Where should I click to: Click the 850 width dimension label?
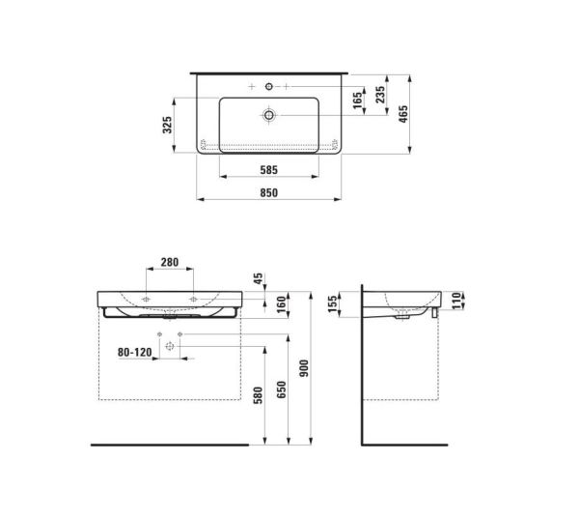point(268,193)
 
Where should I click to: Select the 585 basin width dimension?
point(268,170)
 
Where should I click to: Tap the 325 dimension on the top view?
point(166,125)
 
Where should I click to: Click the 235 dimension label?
point(382,95)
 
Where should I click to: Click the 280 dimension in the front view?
point(171,263)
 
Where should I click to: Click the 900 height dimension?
point(308,368)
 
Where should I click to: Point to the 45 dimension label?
point(256,279)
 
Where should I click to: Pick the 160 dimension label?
point(256,306)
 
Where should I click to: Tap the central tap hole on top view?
point(268,88)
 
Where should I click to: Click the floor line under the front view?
point(169,445)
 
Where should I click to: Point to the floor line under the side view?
point(405,445)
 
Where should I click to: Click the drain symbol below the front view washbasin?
point(170,346)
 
